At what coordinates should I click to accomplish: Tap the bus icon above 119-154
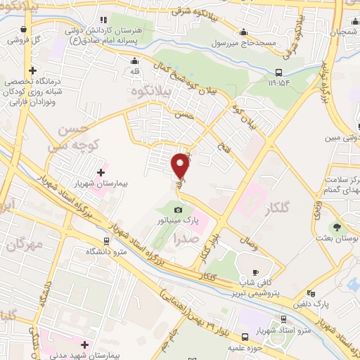pyautogui.click(x=279, y=72)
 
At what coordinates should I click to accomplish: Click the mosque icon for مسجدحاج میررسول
pyautogui.click(x=243, y=32)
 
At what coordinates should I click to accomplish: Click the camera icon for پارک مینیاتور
pyautogui.click(x=179, y=210)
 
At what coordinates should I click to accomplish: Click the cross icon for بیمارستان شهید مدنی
pyautogui.click(x=86, y=345)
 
